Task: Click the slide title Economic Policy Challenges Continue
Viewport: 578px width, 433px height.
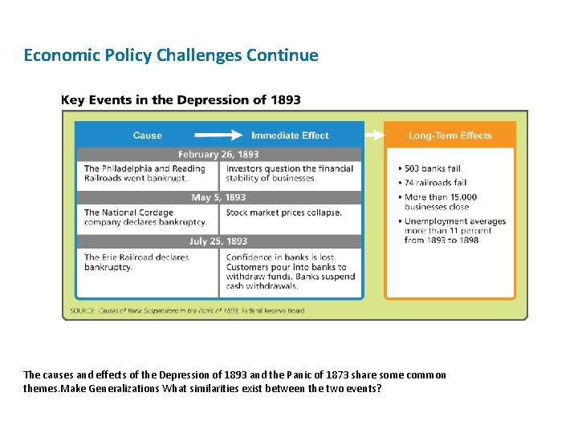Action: (x=171, y=55)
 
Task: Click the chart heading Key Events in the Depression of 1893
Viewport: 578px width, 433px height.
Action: (x=181, y=100)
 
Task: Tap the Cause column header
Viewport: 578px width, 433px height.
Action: (x=147, y=136)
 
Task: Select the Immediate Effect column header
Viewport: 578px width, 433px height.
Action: (x=290, y=136)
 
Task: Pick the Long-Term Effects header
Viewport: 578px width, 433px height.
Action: (x=450, y=136)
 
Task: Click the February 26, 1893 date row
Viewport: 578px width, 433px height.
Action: (x=218, y=154)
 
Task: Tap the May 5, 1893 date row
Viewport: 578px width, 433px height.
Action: (x=218, y=197)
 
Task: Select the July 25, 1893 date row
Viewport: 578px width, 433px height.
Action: (x=218, y=241)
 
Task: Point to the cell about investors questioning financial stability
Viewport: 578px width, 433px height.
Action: (x=290, y=173)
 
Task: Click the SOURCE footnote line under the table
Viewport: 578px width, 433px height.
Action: (x=187, y=310)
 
